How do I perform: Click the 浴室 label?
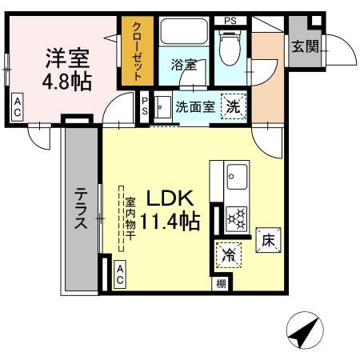pos(183,65)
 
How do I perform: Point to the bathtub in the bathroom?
pos(183,34)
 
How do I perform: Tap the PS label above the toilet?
pos(230,20)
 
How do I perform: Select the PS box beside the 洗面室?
pos(145,107)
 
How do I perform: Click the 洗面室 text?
pos(194,108)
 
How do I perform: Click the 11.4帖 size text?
pos(170,221)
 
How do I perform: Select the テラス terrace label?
pos(82,210)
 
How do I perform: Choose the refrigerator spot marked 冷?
pos(227,258)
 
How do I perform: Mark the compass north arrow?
pos(305,329)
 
